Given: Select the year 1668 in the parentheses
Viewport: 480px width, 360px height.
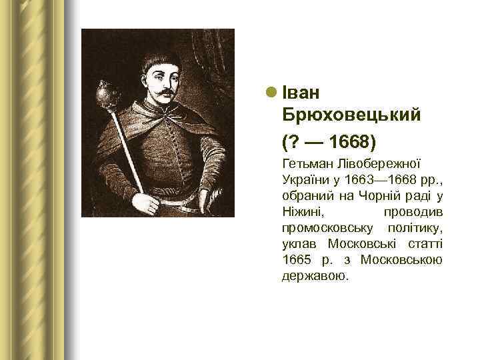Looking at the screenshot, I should point(349,142).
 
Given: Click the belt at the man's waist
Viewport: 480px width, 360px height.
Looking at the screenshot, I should point(180,200).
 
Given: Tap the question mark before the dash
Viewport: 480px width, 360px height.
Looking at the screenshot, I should point(291,142).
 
